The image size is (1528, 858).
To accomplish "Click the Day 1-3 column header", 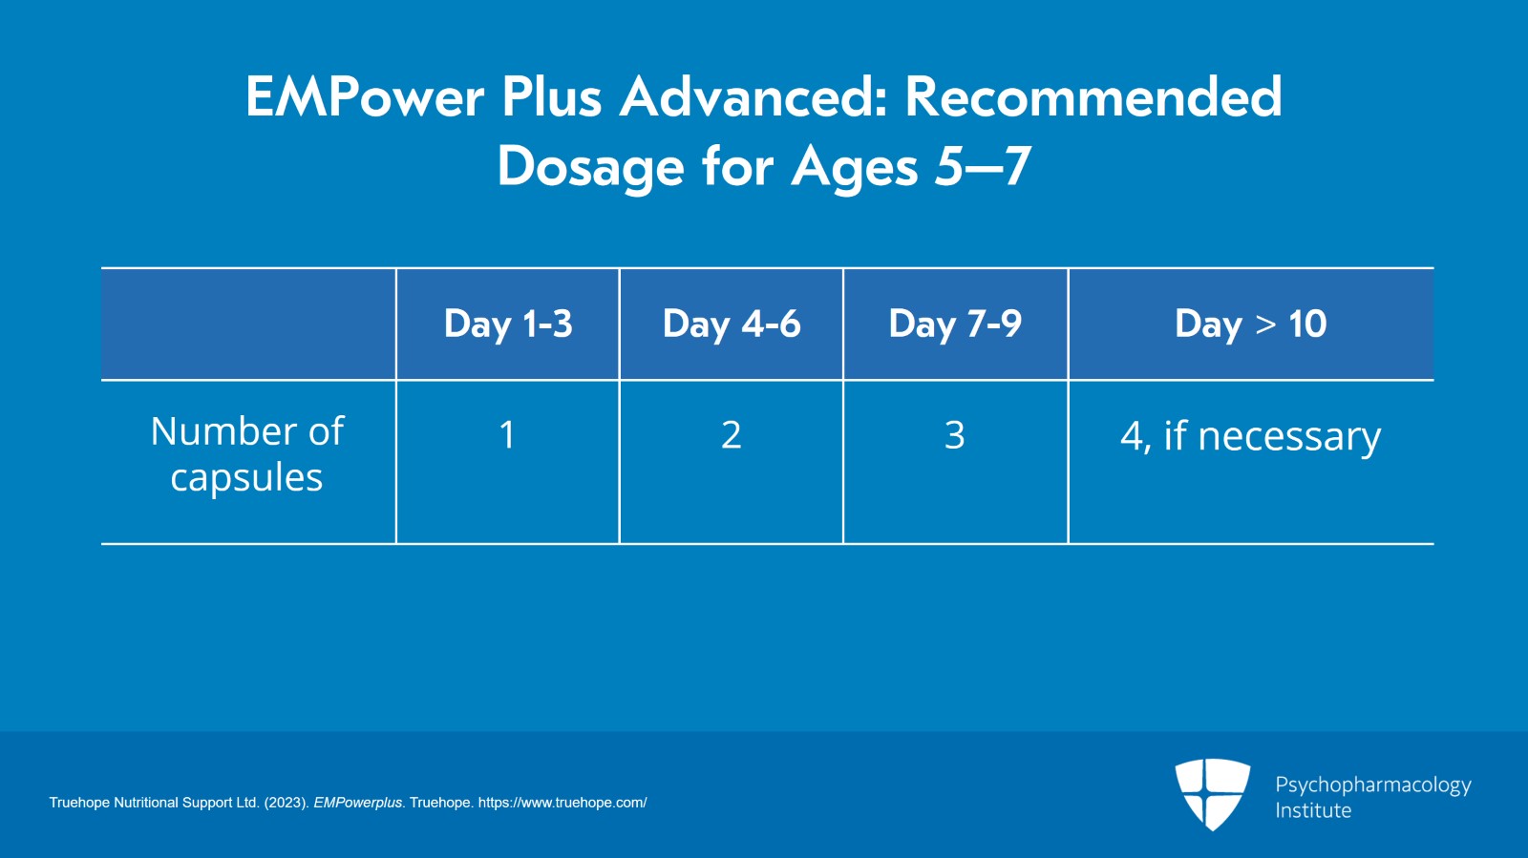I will tap(508, 324).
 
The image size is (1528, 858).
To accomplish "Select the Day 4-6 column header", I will tap(732, 324).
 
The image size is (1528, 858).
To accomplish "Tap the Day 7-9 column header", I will tap(955, 324).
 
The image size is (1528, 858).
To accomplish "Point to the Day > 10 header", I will tap(1250, 324).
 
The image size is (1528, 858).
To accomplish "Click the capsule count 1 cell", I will tap(507, 435).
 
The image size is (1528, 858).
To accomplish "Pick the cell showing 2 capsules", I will tap(731, 435).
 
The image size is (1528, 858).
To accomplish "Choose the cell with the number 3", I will tap(955, 435).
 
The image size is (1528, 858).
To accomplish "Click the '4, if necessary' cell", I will tap(1250, 437).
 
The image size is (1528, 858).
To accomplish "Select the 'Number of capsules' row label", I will tap(247, 454).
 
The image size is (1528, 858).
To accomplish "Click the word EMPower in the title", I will tap(365, 97).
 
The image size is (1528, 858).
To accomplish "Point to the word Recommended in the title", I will tap(1093, 97).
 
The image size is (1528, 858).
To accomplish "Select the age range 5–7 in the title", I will tap(983, 167).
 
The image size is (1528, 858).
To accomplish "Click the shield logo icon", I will tap(1212, 793).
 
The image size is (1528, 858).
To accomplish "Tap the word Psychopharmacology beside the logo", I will tap(1372, 785).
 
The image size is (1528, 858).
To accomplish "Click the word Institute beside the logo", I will tap(1313, 810).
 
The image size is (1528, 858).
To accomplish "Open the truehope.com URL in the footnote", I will tap(562, 803).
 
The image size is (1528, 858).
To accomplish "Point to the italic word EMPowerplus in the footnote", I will tap(358, 803).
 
